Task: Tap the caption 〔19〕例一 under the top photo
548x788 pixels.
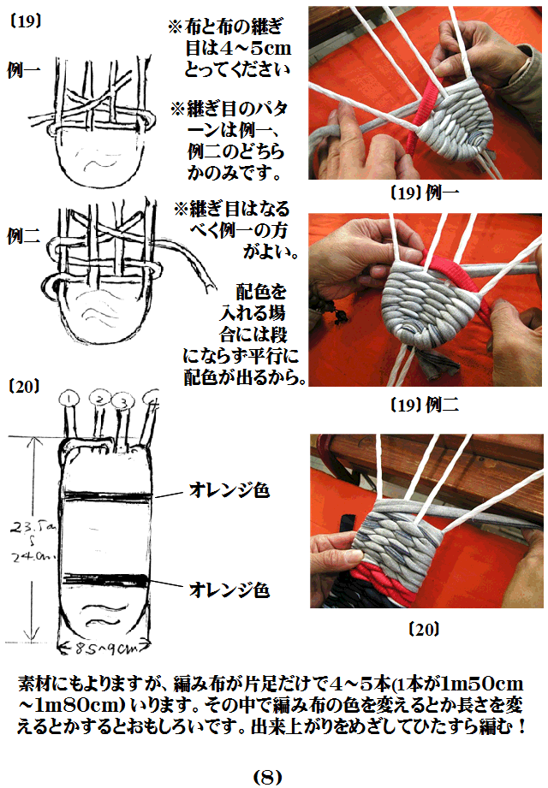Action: coord(426,193)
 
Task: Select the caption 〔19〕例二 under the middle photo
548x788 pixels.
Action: coord(426,405)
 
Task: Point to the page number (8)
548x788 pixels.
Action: coord(267,777)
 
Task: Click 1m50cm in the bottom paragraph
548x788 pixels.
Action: coord(478,684)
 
